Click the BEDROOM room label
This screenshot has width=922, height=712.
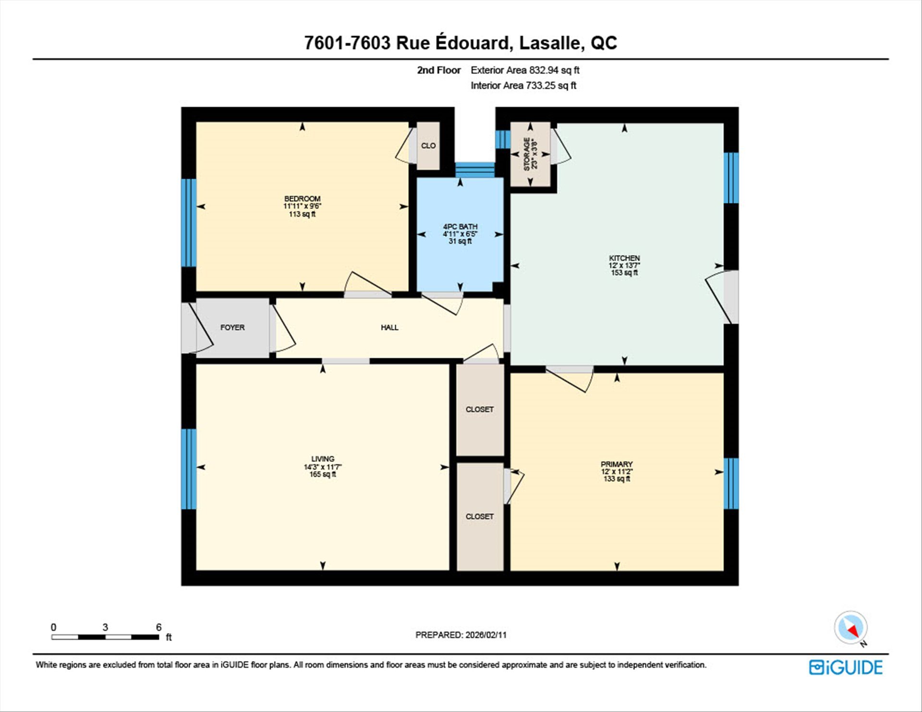coord(302,199)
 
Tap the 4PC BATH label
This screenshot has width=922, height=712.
coord(460,227)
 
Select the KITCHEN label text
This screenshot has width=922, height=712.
coord(624,258)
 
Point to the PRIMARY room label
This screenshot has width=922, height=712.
coord(617,464)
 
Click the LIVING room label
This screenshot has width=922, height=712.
coord(323,459)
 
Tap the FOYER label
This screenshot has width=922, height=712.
coord(232,327)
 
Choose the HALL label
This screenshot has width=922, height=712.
coord(389,327)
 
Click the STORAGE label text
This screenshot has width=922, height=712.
coord(527,154)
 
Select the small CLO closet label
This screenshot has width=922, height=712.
coord(428,145)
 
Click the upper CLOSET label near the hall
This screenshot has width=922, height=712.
coord(480,410)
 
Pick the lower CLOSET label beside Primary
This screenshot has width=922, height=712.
coord(480,517)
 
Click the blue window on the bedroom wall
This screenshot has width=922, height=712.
coord(189,223)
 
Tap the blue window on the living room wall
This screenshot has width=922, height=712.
coord(189,469)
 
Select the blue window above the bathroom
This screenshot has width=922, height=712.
coord(475,170)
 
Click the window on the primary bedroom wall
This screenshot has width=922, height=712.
coord(731,483)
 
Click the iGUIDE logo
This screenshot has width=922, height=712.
coord(846,667)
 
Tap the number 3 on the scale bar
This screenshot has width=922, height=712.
coord(105,627)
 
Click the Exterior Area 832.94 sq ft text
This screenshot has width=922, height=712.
coord(525,70)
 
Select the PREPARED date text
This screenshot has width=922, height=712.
coord(461,635)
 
